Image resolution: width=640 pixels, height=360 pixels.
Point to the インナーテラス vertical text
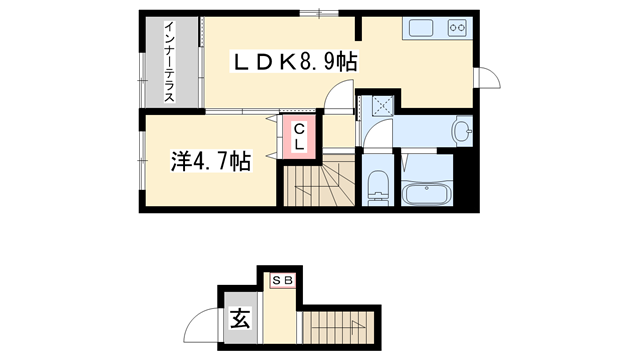coord(170,62)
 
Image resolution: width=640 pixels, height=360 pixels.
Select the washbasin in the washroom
coord(462,131)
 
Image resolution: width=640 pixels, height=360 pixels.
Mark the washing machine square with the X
coord(381,105)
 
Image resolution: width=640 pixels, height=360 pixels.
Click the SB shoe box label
coord(282,280)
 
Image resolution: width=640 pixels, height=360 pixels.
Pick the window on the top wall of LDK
coord(320,12)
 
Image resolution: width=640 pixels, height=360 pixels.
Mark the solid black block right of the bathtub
coord(465,180)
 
